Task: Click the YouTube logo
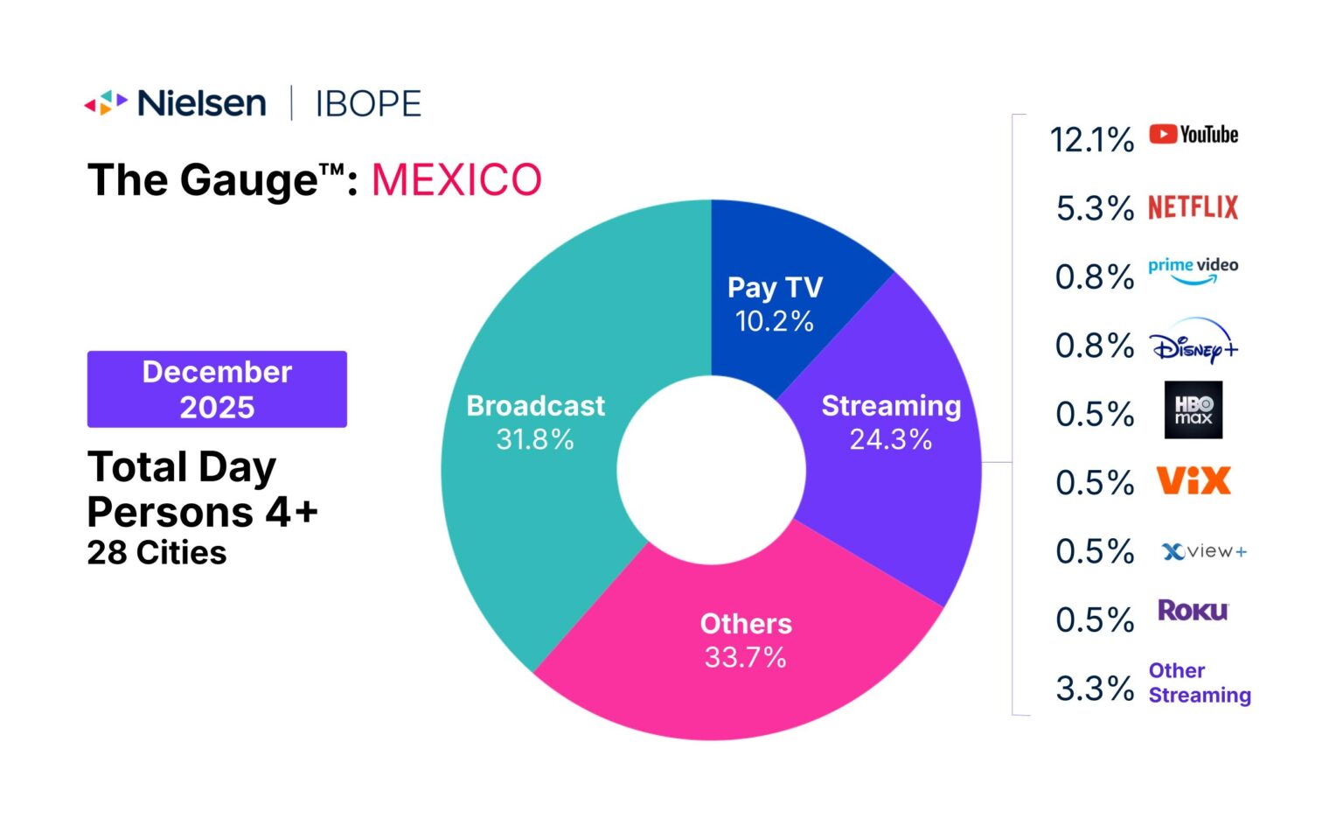click(x=1193, y=135)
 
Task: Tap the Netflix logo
click(x=1193, y=207)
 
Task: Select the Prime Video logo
click(x=1193, y=270)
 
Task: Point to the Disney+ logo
click(x=1194, y=342)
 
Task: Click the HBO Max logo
click(x=1193, y=409)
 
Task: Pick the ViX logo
click(x=1193, y=481)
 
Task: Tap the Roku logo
click(x=1193, y=610)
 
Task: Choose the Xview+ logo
click(x=1204, y=551)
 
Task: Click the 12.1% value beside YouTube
click(x=1092, y=140)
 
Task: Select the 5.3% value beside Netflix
click(x=1095, y=208)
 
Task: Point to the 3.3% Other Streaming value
click(x=1095, y=689)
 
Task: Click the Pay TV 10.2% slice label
click(x=775, y=304)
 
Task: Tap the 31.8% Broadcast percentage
click(x=535, y=439)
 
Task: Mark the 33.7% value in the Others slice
click(x=746, y=657)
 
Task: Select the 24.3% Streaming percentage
click(x=891, y=439)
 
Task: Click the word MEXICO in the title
click(x=456, y=180)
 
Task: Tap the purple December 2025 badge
click(x=217, y=389)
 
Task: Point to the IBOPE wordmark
click(x=368, y=104)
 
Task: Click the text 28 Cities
click(x=157, y=553)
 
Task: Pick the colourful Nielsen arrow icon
click(x=106, y=103)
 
